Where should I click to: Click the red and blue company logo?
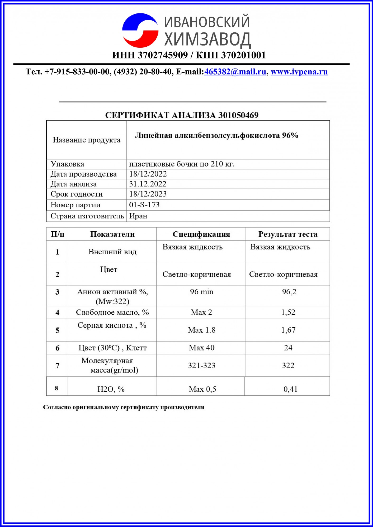[x=140, y=30]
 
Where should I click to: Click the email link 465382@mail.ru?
[x=235, y=72]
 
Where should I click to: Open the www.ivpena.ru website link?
[x=299, y=72]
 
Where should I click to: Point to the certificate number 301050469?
[x=238, y=115]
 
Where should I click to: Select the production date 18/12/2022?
[x=148, y=174]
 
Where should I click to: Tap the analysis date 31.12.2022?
[x=148, y=184]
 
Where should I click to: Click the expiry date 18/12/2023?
[x=148, y=194]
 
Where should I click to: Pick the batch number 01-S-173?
[x=144, y=205]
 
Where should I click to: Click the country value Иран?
[x=138, y=216]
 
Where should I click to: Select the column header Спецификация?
[x=201, y=234]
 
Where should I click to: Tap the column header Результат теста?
[x=288, y=234]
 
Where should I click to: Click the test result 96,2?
[x=289, y=292]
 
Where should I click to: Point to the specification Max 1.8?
[x=202, y=330]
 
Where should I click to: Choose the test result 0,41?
[x=290, y=389]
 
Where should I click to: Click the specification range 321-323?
[x=202, y=365]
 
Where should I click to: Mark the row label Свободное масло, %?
[x=112, y=312]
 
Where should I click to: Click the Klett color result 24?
[x=288, y=348]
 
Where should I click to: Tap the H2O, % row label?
[x=111, y=389]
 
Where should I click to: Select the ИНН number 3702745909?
[x=163, y=55]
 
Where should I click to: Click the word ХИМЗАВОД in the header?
[x=207, y=39]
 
